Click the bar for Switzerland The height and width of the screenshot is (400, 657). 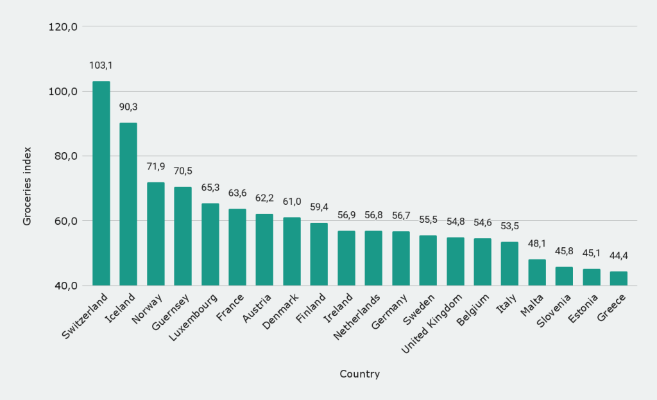click(x=101, y=183)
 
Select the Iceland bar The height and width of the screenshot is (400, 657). click(x=128, y=204)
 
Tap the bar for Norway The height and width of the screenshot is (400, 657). click(x=156, y=234)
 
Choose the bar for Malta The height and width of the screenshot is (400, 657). click(x=537, y=272)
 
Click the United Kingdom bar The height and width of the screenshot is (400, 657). click(x=456, y=261)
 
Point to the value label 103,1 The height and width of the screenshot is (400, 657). click(x=101, y=65)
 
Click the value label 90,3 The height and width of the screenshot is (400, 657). click(x=128, y=107)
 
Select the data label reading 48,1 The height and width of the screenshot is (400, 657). click(x=537, y=243)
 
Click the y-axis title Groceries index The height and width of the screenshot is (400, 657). click(x=27, y=184)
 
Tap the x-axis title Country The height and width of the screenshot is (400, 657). click(x=359, y=374)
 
